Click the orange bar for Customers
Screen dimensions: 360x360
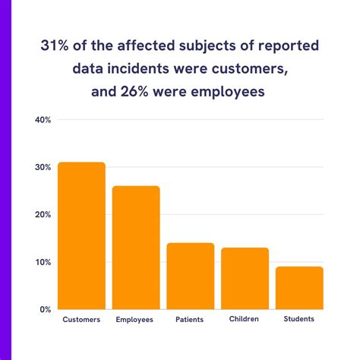pyautogui.click(x=81, y=235)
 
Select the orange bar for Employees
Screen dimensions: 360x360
pyautogui.click(x=136, y=248)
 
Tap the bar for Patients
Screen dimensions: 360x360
pyautogui.click(x=190, y=276)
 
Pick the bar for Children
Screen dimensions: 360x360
pyautogui.click(x=245, y=278)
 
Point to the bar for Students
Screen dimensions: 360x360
pyautogui.click(x=299, y=288)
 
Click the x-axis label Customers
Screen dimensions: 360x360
pyautogui.click(x=81, y=320)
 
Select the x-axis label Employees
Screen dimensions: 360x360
pyautogui.click(x=135, y=320)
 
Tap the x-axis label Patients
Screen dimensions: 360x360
pyautogui.click(x=190, y=320)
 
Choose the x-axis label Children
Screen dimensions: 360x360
pyautogui.click(x=245, y=320)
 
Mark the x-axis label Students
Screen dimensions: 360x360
pyautogui.click(x=299, y=320)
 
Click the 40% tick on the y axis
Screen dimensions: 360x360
pyautogui.click(x=43, y=120)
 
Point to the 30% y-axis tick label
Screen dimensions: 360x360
pyautogui.click(x=43, y=167)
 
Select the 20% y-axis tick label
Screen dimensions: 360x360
pyautogui.click(x=43, y=215)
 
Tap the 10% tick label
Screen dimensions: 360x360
pyautogui.click(x=43, y=262)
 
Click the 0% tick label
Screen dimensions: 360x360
pyautogui.click(x=45, y=310)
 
